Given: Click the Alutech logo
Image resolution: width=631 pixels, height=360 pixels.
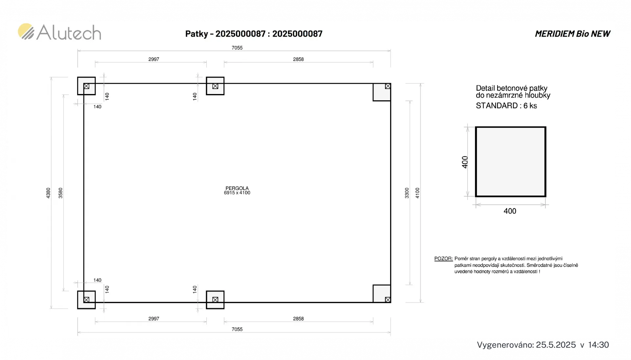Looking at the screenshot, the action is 59,32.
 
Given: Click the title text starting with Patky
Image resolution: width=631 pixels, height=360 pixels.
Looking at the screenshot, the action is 254,34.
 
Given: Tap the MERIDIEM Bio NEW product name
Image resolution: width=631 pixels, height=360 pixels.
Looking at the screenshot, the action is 573,34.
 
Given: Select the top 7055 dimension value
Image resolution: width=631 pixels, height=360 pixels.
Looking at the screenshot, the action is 237,48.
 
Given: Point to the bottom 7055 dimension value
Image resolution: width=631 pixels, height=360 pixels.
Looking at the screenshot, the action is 237,329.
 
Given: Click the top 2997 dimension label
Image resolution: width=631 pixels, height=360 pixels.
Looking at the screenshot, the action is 153,59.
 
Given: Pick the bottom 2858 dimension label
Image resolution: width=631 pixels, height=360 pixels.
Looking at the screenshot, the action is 298,319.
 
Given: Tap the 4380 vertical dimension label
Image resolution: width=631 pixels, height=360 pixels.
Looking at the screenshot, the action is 48,193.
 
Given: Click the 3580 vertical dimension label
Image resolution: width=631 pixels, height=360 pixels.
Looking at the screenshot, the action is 60,193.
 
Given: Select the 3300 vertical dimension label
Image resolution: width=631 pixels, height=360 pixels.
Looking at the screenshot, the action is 407,193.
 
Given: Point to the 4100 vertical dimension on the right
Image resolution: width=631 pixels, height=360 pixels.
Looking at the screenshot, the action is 417,193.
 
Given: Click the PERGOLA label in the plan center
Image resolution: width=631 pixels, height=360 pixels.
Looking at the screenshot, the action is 237,188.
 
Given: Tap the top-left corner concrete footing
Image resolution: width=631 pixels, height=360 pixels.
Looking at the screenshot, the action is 86,86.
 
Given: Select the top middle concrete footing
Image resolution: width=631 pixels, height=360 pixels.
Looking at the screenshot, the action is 215,86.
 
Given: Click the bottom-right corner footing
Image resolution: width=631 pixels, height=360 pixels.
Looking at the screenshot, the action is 382,294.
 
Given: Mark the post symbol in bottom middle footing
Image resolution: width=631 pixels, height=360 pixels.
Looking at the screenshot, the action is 215,300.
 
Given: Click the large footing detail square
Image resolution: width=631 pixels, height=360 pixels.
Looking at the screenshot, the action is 510,162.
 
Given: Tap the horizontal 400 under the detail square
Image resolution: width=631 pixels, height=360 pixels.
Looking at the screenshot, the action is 510,211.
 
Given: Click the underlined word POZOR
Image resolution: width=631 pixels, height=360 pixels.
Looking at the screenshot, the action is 443,259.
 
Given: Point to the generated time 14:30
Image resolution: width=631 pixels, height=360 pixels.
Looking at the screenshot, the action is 598,345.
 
